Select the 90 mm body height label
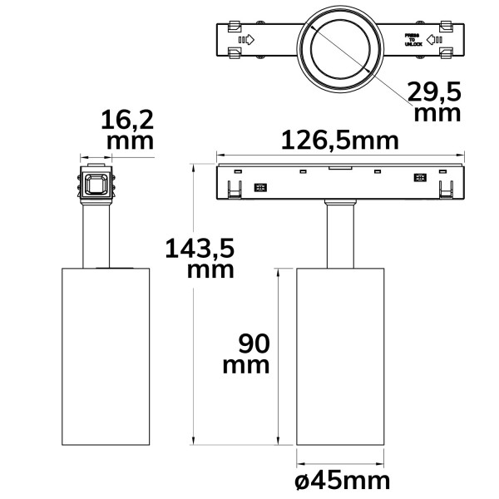(245, 353)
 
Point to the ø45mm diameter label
(341, 480)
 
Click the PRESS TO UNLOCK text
(413, 41)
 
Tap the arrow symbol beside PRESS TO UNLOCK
(433, 39)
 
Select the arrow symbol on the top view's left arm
(246, 39)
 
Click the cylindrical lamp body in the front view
(340, 358)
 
